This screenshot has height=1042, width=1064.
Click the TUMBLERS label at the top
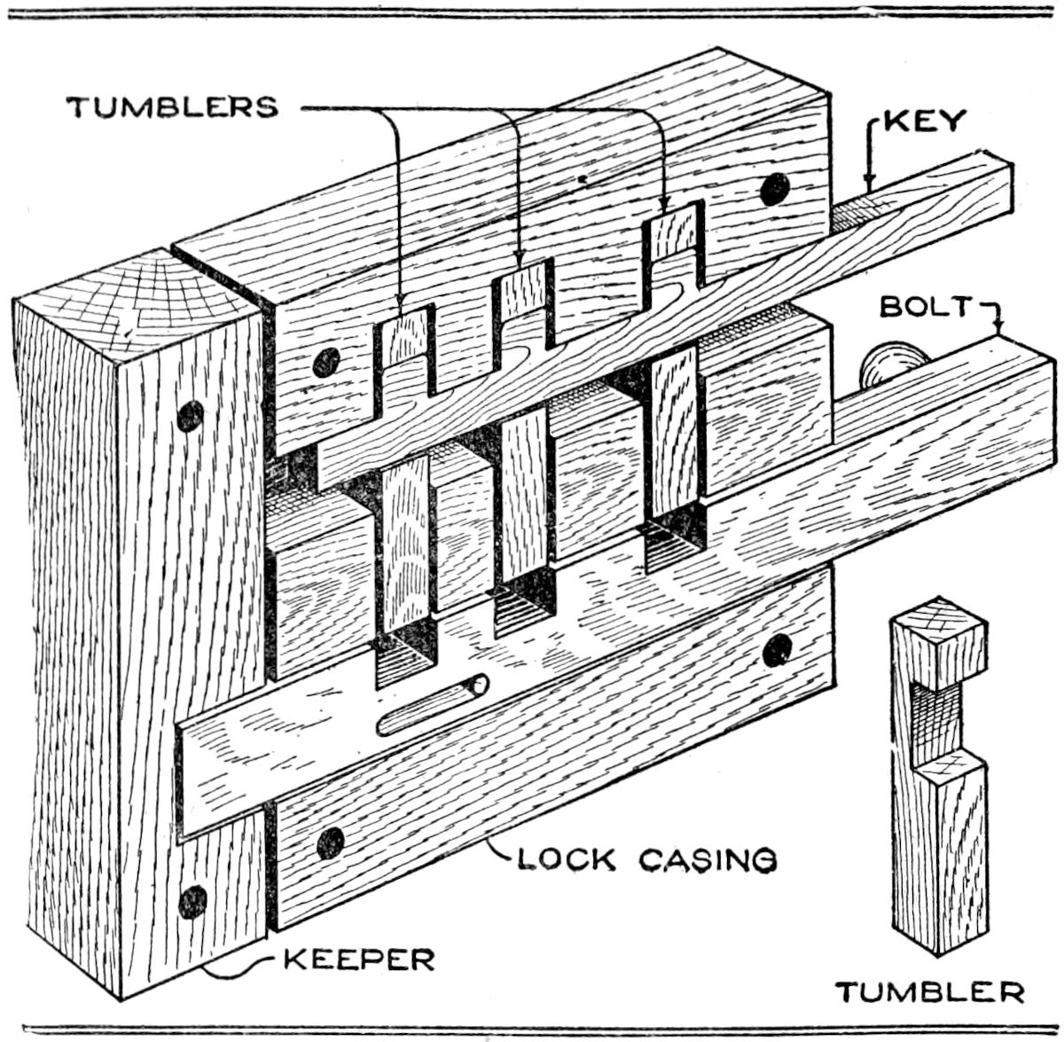(x=174, y=106)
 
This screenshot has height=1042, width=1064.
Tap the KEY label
(x=923, y=121)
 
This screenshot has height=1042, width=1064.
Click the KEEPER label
(x=358, y=959)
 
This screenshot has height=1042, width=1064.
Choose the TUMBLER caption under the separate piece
(x=929, y=991)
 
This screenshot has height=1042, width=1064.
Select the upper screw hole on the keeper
(x=190, y=415)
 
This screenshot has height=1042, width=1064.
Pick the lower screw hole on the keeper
(x=192, y=901)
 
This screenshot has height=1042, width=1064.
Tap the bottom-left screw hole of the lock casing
(x=330, y=842)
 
